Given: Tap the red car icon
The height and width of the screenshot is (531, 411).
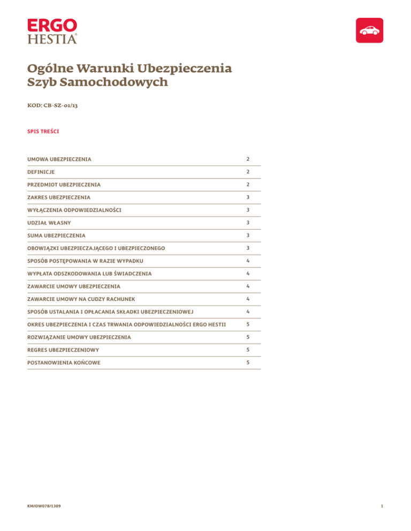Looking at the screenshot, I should tap(370, 30).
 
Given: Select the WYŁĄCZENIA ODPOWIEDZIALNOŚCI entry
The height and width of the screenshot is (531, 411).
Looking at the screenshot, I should tap(74, 210).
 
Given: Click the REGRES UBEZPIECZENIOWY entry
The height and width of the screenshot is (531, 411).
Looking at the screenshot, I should tap(64, 349).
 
